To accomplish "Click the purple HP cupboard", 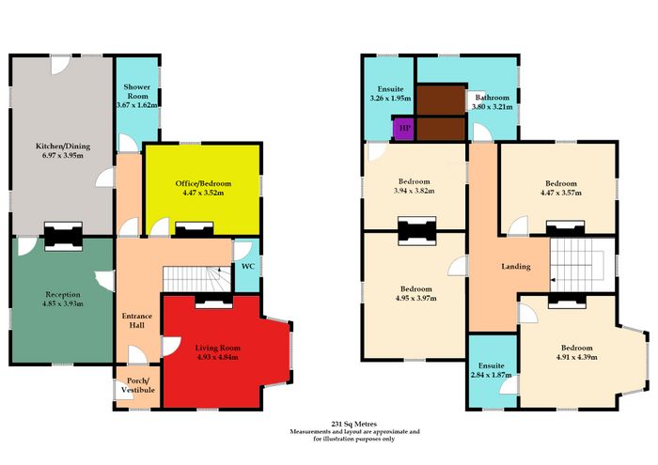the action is [x=403, y=129].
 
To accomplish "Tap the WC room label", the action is [x=248, y=266].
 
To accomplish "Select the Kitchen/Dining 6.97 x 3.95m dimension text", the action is [x=63, y=156].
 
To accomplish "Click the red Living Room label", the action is [x=218, y=348].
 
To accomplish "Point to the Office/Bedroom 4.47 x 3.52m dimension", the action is [x=203, y=193].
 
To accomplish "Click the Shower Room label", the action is [x=137, y=91].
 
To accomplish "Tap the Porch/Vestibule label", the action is [x=138, y=385].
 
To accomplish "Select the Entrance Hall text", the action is [x=137, y=320].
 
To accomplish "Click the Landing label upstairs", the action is [x=516, y=266].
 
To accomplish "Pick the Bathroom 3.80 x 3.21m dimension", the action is [x=493, y=106].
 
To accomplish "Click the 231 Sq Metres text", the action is [x=354, y=424].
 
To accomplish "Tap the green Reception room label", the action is [x=63, y=294].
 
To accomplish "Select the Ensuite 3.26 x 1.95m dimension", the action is [x=390, y=98].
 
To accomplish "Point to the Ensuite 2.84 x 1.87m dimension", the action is [x=491, y=375].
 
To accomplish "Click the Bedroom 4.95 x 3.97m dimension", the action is [x=415, y=298].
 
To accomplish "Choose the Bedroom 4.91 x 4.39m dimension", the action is [x=576, y=357].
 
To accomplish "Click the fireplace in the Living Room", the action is [x=213, y=301].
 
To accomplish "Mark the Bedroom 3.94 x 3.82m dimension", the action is [x=415, y=191].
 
